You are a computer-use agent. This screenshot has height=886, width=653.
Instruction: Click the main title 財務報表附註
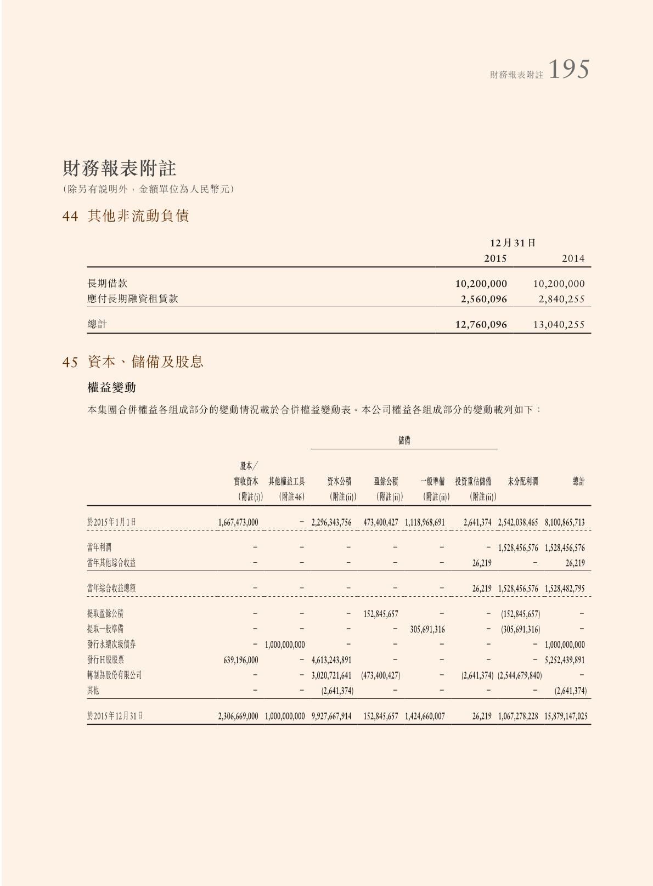(x=119, y=168)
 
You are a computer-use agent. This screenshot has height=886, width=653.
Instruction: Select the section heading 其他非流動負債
(x=138, y=216)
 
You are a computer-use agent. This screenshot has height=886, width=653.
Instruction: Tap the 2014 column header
(x=573, y=258)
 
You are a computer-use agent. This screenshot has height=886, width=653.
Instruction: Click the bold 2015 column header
(x=495, y=258)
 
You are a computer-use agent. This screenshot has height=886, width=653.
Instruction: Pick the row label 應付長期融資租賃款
(x=133, y=299)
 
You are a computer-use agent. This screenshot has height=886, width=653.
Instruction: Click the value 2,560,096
(x=483, y=299)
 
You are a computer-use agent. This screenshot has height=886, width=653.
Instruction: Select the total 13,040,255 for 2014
(x=559, y=324)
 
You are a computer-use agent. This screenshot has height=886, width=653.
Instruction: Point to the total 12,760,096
(x=481, y=324)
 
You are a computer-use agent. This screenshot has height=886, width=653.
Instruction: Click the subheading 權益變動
(x=111, y=387)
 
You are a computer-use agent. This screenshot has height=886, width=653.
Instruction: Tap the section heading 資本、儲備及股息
(x=145, y=362)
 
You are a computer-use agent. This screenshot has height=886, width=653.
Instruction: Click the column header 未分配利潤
(x=522, y=482)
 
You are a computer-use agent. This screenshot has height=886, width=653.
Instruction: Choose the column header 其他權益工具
(x=286, y=482)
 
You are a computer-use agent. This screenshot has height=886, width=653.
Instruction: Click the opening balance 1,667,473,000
(x=238, y=522)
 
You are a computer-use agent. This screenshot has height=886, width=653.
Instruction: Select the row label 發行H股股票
(x=105, y=660)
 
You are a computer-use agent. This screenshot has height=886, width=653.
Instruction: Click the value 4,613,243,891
(x=331, y=660)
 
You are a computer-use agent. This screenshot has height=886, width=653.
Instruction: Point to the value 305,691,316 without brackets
(x=427, y=629)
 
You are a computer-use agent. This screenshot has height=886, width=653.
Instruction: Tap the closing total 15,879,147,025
(x=566, y=716)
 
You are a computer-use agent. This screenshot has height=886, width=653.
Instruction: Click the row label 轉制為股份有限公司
(x=114, y=675)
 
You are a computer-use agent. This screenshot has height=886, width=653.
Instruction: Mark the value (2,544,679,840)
(x=519, y=675)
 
